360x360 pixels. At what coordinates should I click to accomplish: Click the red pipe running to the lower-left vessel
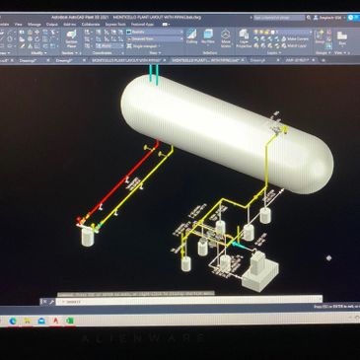click(108, 187)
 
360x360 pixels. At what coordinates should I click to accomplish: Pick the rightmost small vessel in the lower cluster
click(249, 233)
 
